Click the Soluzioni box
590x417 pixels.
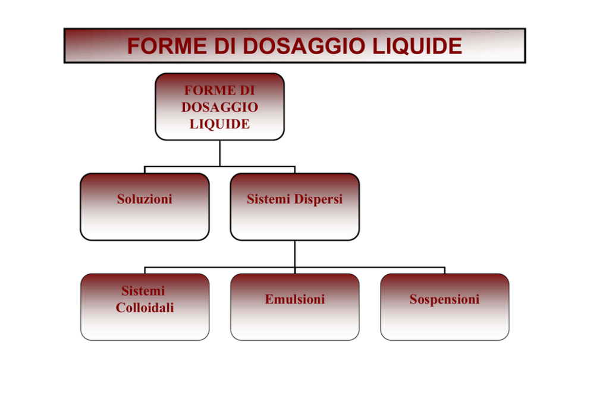tap(145, 206)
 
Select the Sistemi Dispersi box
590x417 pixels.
tap(294, 206)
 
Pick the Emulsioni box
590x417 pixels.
tap(294, 307)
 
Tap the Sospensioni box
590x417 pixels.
tap(444, 307)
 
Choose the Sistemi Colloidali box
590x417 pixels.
tap(145, 307)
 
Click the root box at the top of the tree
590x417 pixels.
tap(219, 107)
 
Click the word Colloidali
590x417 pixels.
tap(145, 308)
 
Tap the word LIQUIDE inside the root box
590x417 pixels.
tap(219, 124)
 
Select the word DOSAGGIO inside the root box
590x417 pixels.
tap(219, 107)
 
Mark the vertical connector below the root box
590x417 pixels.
tap(219, 153)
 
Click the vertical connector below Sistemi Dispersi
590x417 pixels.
tap(294, 254)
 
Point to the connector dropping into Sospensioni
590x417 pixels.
tap(444, 271)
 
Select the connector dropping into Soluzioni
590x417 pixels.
tap(145, 170)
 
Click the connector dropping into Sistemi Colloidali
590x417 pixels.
tap(145, 271)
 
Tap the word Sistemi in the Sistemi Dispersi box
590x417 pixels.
tap(267, 199)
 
